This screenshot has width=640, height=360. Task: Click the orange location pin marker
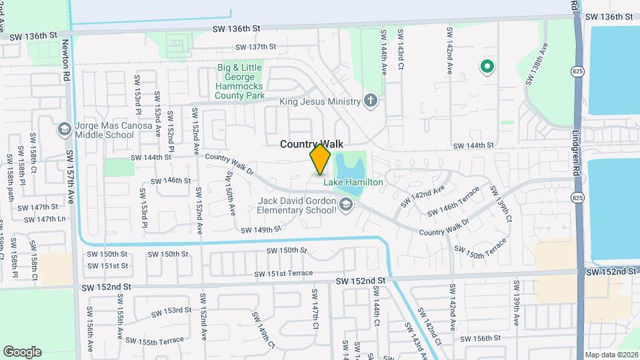(x=320, y=159)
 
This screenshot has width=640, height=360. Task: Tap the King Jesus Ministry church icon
(x=371, y=101)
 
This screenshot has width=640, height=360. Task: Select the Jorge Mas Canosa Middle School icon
(x=65, y=129)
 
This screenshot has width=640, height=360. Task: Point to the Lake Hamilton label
(x=353, y=182)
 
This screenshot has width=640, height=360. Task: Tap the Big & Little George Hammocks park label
(x=239, y=81)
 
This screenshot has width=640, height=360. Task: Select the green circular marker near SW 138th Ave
(x=487, y=66)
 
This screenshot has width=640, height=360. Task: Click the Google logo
(x=22, y=352)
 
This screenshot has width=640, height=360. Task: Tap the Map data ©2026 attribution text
(x=611, y=355)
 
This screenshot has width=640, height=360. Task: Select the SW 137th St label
(x=255, y=47)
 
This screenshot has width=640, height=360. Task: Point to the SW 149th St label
(x=262, y=229)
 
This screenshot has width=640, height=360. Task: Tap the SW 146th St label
(x=171, y=181)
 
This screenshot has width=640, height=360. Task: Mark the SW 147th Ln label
(x=46, y=219)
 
